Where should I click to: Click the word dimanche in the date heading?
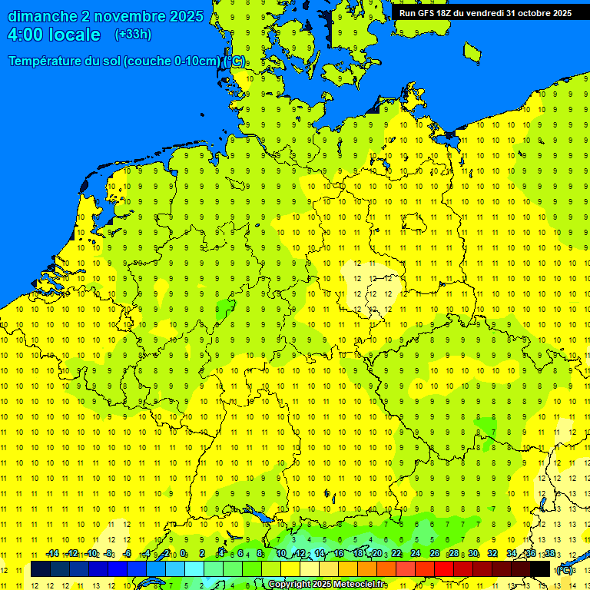(x=42, y=16)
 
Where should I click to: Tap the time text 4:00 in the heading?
(x=28, y=35)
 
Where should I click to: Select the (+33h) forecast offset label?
(x=133, y=35)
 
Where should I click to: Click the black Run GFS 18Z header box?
(x=485, y=12)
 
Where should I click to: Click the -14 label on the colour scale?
(x=52, y=554)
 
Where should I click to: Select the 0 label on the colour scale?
(x=183, y=554)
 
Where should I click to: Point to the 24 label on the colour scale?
(x=416, y=554)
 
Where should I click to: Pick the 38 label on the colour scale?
(x=549, y=554)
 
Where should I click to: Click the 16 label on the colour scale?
(x=339, y=554)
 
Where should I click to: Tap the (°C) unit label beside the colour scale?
(x=565, y=570)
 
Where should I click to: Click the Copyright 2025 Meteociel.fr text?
(x=326, y=585)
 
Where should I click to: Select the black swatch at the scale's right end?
(x=540, y=569)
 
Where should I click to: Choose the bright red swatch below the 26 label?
(x=444, y=569)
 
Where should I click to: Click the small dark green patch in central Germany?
(x=225, y=310)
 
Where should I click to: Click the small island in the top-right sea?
(x=472, y=52)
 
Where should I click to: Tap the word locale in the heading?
(x=75, y=35)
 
